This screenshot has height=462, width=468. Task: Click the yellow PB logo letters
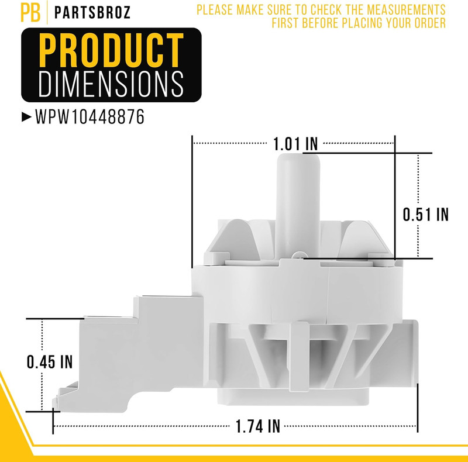click(x=30, y=12)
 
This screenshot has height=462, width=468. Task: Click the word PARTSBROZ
click(x=92, y=12)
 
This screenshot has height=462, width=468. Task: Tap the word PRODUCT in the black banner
click(x=111, y=50)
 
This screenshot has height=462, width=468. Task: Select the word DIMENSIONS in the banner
click(x=111, y=84)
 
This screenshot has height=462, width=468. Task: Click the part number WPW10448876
click(x=90, y=116)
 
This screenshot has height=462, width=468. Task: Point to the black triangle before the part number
click(x=26, y=117)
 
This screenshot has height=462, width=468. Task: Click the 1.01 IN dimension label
click(x=295, y=144)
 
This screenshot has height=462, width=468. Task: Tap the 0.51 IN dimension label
click(x=426, y=214)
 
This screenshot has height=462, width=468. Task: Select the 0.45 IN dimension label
click(x=50, y=362)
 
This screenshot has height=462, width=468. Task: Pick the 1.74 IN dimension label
click(x=258, y=426)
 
